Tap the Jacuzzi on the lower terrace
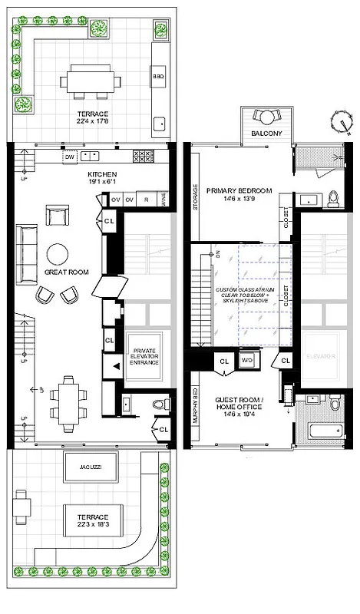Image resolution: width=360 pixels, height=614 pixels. click(x=80, y=467)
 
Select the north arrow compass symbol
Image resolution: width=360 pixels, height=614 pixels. click(x=342, y=121)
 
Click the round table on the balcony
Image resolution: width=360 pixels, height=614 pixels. click(x=267, y=117)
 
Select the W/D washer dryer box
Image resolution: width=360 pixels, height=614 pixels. click(x=247, y=359)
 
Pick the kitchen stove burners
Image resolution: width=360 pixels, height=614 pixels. click(x=143, y=156)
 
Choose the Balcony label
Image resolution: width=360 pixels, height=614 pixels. click(x=266, y=134)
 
